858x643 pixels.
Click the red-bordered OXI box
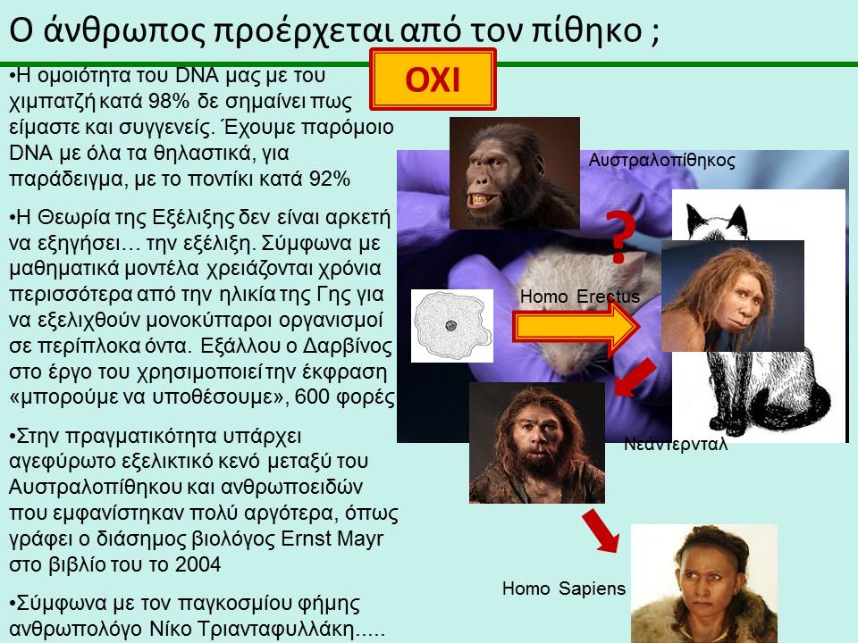click(x=433, y=79)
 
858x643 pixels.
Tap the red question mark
click(x=620, y=237)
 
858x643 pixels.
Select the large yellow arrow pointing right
click(x=576, y=328)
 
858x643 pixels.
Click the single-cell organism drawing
click(x=452, y=326)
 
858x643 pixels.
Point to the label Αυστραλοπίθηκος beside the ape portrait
click(x=661, y=160)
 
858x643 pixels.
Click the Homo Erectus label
click(x=579, y=296)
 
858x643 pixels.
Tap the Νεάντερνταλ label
click(x=676, y=444)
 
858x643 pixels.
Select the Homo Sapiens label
click(x=564, y=589)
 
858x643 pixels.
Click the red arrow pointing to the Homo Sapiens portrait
click(x=601, y=530)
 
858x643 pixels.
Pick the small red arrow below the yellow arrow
click(x=635, y=377)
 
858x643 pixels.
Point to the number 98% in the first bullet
click(x=169, y=101)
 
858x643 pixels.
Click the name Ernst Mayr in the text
click(x=332, y=539)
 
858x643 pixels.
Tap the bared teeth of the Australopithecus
click(x=479, y=199)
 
